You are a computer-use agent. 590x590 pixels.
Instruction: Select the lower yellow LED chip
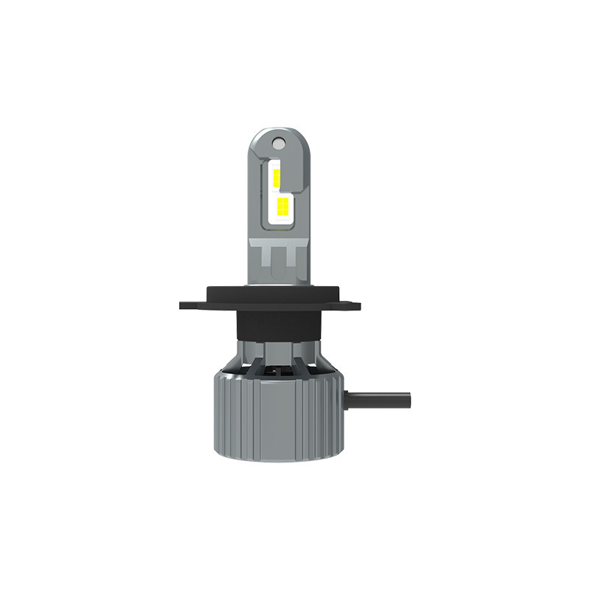click(x=282, y=208)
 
